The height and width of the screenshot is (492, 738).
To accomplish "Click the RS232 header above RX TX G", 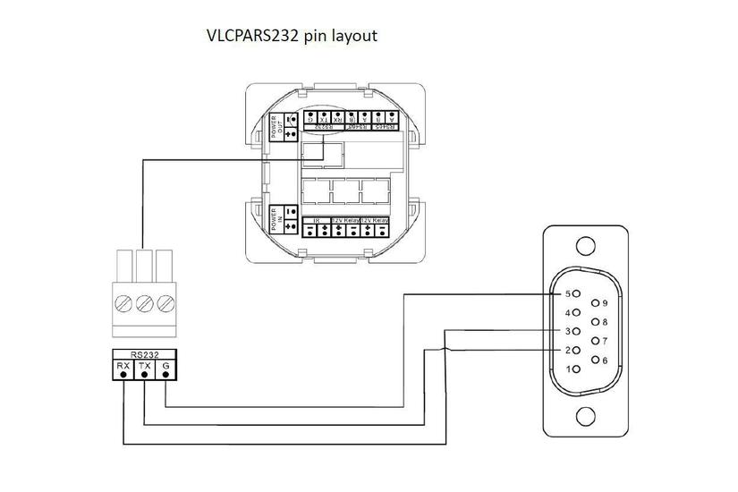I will tap(144, 353).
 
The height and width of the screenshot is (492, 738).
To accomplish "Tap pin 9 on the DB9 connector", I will tap(595, 303).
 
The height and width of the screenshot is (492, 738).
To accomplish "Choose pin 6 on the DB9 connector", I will tap(595, 360).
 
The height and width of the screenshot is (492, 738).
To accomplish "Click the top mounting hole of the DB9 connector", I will tap(586, 246).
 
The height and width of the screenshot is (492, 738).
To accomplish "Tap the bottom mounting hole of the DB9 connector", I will tap(586, 416).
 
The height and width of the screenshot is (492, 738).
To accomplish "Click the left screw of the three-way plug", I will tap(123, 304).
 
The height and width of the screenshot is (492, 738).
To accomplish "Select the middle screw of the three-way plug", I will tap(144, 304).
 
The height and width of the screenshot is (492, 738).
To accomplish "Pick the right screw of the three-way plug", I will tap(165, 304).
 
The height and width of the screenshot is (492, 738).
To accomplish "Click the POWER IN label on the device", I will tap(276, 220).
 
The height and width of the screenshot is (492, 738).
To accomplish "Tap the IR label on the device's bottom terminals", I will tap(316, 219).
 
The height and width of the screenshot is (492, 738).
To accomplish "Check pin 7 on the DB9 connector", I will tap(595, 341).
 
